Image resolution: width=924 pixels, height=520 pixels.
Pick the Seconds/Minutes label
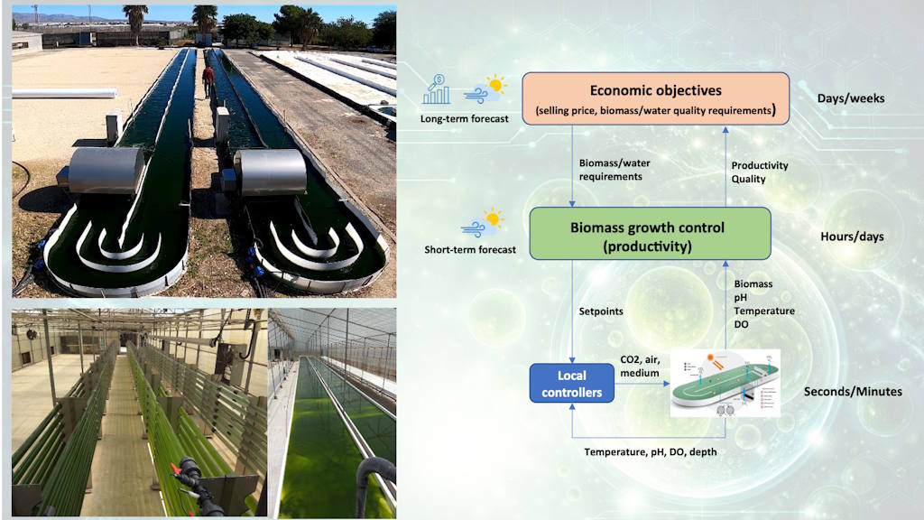853,391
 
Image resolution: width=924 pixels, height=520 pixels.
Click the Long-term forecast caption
464,117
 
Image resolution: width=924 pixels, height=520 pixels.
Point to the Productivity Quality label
759,172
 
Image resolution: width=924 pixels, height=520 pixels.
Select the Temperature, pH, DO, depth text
650,451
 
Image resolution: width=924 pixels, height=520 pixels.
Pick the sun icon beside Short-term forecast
493,218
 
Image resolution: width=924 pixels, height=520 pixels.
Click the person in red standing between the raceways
208,81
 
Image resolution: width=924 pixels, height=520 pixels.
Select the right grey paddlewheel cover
270,172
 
